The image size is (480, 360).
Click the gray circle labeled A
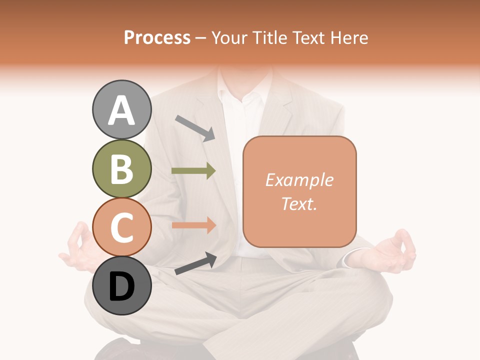(121, 109)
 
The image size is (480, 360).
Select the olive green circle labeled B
(121, 168)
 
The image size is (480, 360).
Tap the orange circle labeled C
(121, 227)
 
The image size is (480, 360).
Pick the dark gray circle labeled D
(121, 285)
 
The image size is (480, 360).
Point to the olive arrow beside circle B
(193, 171)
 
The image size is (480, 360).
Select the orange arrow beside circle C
(193, 225)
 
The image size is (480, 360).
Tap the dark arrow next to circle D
(195, 263)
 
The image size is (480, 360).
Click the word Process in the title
(157, 37)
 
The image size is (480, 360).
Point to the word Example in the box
(299, 180)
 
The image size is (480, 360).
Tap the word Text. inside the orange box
(299, 203)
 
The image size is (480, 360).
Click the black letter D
(121, 287)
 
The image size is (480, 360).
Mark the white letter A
(121, 111)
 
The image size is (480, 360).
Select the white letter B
(121, 169)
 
